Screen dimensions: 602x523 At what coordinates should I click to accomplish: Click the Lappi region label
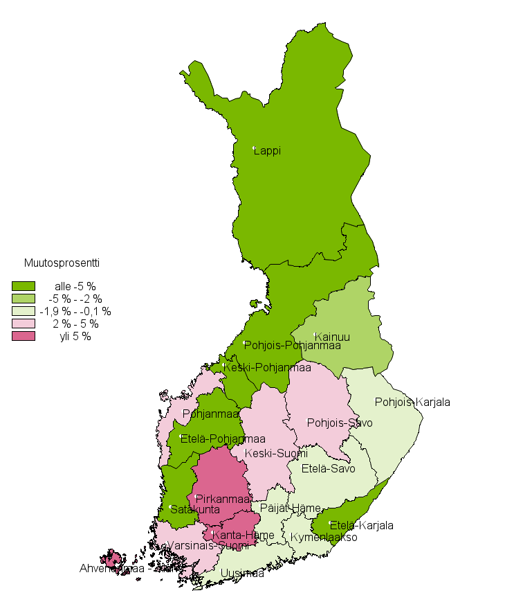coord(267,151)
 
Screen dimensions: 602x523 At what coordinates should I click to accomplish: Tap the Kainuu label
coord(332,337)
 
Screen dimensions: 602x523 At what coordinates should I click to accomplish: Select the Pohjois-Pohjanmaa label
coord(293,346)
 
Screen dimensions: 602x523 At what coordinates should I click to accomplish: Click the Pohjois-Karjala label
coord(412,402)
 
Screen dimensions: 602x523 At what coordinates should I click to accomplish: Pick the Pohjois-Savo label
coord(340,423)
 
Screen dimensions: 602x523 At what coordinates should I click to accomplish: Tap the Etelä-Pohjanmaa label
coord(223,439)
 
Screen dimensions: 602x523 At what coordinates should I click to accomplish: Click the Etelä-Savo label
coord(328,468)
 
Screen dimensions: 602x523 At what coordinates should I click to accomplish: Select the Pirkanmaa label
coord(222,499)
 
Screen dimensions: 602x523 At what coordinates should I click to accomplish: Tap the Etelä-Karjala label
coord(361,525)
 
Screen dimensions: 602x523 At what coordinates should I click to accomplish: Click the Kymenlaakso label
coord(323,537)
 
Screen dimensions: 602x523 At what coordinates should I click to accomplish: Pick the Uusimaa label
coord(242,574)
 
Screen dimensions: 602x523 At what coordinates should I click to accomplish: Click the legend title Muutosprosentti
coord(62,263)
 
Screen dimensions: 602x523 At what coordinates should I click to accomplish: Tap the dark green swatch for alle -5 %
coord(24,286)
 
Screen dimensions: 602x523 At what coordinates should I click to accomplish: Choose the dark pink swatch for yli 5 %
coord(24,337)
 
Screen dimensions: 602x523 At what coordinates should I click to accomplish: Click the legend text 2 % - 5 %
coord(75,324)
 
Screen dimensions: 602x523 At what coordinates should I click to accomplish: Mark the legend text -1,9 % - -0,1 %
coord(75,312)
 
